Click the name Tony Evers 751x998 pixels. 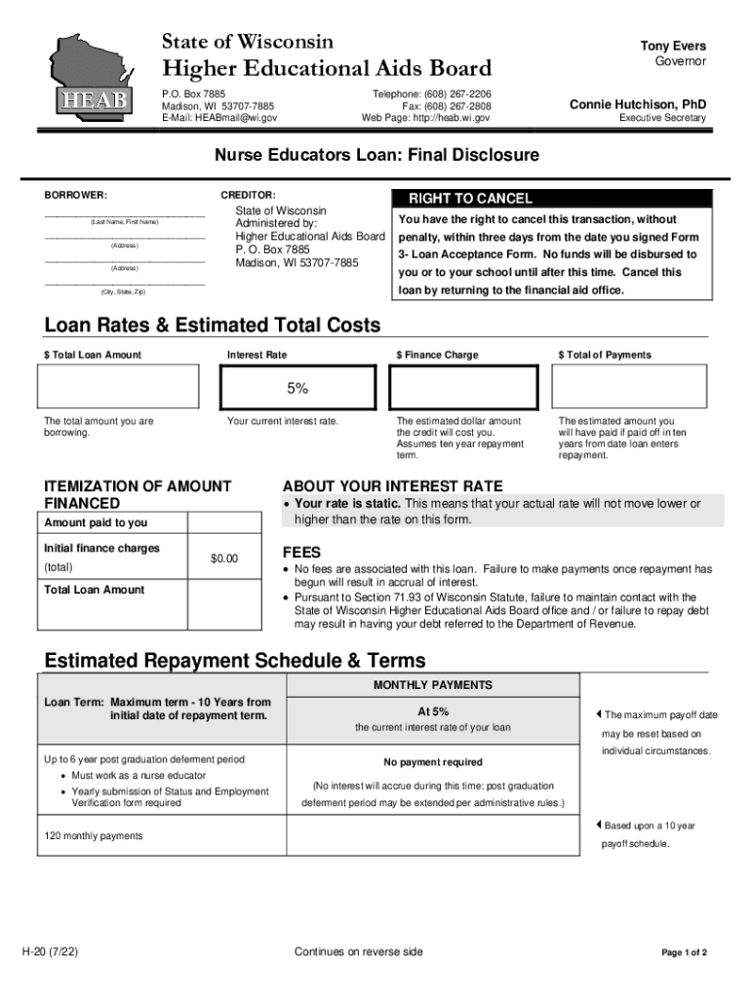point(672,46)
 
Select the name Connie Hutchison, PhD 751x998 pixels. point(638,103)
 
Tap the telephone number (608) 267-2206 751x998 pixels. point(459,93)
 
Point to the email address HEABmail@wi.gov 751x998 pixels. point(235,118)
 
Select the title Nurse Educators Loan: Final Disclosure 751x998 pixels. point(376,155)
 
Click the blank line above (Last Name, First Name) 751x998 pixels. point(124,214)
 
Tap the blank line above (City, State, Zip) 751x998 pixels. point(124,284)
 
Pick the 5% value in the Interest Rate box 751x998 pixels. point(297,388)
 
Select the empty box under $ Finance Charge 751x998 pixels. point(462,387)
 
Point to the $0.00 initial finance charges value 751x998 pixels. point(224,558)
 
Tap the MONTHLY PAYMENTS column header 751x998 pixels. point(432,685)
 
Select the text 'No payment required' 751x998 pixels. point(432,762)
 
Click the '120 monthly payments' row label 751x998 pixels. point(94,835)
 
